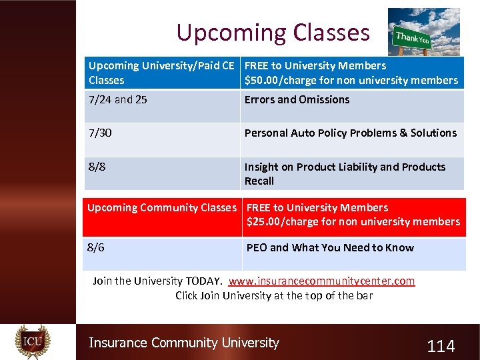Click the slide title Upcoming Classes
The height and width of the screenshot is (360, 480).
click(273, 32)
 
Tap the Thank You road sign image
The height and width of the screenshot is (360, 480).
click(423, 31)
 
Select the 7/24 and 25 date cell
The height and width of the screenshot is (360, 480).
click(118, 100)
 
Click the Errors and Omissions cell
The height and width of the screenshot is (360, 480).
click(297, 100)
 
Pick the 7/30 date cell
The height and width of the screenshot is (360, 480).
click(100, 133)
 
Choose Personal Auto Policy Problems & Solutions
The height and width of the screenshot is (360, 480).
click(351, 133)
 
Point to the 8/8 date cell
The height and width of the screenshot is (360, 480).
click(97, 167)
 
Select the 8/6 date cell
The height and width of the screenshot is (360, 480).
click(96, 247)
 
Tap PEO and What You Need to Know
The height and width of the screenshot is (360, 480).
click(330, 248)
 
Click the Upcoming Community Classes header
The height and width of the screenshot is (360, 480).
click(162, 208)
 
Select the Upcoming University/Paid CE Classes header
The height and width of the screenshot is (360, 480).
click(161, 73)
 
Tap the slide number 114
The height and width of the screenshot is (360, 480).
click(441, 346)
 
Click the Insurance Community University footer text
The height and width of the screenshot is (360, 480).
click(184, 343)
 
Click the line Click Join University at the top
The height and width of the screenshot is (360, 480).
click(274, 295)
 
